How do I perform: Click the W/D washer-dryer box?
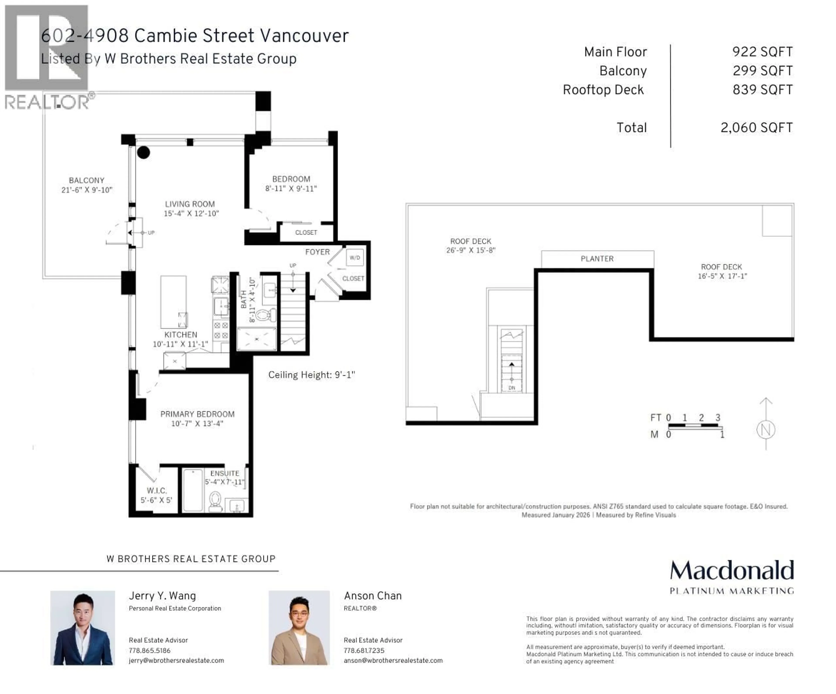point(355,258)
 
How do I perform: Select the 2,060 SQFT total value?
point(756,128)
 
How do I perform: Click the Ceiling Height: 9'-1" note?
point(311,375)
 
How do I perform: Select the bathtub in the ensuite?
point(193,490)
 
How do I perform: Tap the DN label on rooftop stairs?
point(512,388)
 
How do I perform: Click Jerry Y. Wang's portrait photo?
point(83,628)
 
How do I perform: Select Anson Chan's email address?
point(393,660)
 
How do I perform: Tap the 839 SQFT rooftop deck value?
point(762,90)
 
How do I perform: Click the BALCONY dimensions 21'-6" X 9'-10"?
point(87,190)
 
